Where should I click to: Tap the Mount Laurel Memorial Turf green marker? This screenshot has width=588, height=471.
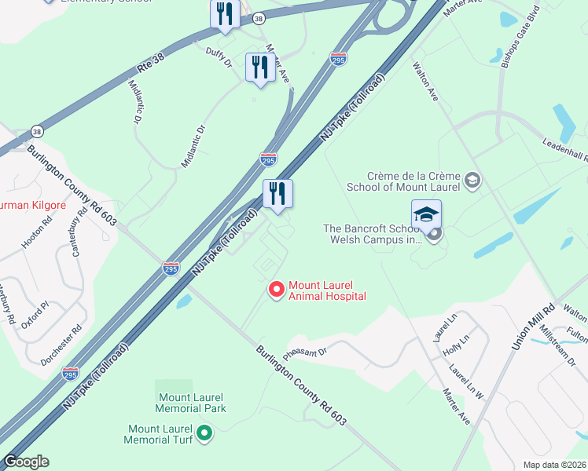point(204,432)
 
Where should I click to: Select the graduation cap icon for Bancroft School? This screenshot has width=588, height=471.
point(426,215)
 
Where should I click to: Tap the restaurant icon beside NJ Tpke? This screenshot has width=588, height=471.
point(277,192)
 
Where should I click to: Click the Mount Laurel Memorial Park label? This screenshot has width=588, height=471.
point(191,403)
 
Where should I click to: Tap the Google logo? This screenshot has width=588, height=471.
point(26,462)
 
